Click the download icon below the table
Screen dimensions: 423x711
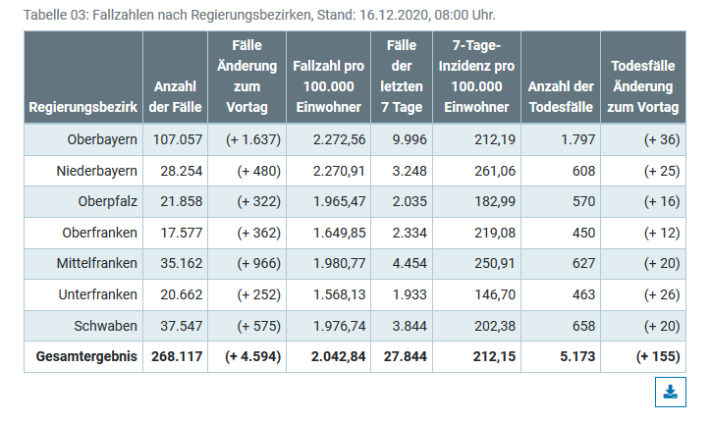coord(670,392)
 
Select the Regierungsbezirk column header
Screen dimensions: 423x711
coord(83,107)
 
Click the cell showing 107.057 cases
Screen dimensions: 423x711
coord(178,139)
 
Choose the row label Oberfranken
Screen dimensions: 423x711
coord(102,234)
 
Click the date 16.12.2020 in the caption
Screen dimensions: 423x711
coord(378,16)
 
